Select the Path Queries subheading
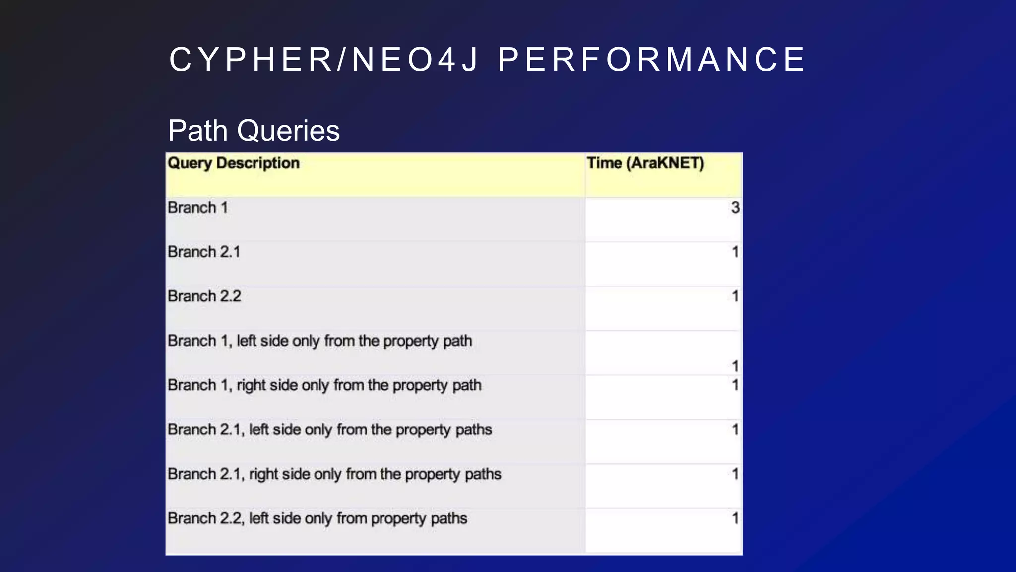click(254, 131)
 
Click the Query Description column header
click(234, 163)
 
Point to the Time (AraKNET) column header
click(645, 163)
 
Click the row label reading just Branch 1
click(197, 208)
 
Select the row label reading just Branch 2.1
click(204, 252)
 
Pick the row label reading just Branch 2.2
click(204, 296)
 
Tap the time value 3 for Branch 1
click(735, 208)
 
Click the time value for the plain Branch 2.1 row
click(735, 252)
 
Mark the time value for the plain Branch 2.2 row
click(735, 296)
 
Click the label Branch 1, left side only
click(319, 341)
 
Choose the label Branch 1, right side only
click(324, 385)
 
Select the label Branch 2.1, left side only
click(329, 430)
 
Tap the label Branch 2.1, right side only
click(334, 474)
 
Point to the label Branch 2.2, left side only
click(317, 519)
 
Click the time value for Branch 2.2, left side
click(735, 519)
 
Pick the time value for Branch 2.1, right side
click(735, 474)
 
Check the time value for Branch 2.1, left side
click(735, 430)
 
